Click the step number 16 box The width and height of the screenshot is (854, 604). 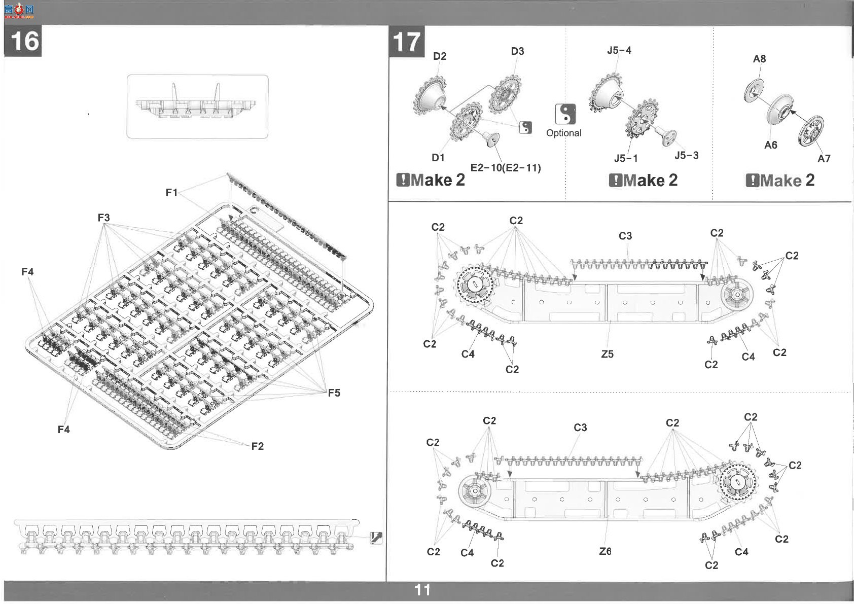[22, 41]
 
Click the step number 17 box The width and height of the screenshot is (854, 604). [406, 42]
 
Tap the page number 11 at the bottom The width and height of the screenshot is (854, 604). [422, 590]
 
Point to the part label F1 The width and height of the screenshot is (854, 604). [171, 193]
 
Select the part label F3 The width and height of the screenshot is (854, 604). [103, 218]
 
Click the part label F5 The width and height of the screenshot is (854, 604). [334, 393]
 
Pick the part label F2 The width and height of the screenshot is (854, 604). [257, 446]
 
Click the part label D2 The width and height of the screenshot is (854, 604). [440, 56]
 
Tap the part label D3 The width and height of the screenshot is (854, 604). [517, 51]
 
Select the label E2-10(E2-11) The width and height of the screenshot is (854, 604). [506, 168]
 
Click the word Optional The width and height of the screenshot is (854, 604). [563, 133]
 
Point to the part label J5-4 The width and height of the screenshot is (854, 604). [619, 50]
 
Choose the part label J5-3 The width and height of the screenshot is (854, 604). [686, 155]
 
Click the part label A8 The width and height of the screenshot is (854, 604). [759, 59]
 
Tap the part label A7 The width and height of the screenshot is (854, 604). [824, 158]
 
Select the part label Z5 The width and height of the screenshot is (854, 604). [608, 354]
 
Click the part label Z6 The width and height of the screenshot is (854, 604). [605, 551]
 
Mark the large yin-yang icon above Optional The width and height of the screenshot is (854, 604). [565, 114]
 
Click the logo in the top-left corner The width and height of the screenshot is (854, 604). [19, 12]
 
